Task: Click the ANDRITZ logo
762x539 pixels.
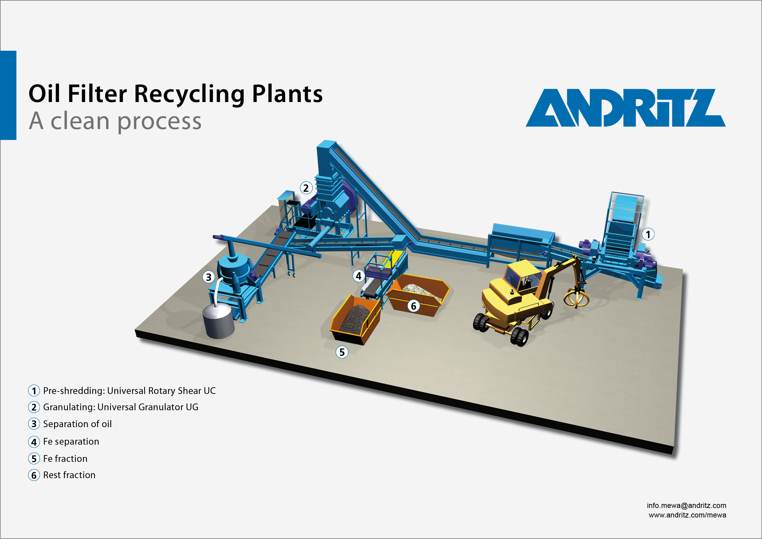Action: click(x=625, y=108)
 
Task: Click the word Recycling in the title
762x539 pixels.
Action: click(x=189, y=94)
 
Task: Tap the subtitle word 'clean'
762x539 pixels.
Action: click(x=80, y=121)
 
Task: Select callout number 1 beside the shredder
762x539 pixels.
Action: click(x=648, y=234)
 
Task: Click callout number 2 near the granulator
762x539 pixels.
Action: click(x=306, y=188)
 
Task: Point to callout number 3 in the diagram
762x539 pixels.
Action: click(x=208, y=277)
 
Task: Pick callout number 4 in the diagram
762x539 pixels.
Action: click(x=359, y=276)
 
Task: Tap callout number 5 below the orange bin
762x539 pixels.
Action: click(x=342, y=352)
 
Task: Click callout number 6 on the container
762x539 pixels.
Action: click(x=414, y=306)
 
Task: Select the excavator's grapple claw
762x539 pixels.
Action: click(x=576, y=297)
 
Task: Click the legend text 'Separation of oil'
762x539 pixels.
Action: click(x=77, y=424)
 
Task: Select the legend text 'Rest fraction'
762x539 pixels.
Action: click(x=69, y=475)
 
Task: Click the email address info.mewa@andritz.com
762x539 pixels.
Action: click(x=686, y=506)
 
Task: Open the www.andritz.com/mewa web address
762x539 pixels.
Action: click(x=687, y=515)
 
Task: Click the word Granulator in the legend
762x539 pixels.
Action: click(x=161, y=407)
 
